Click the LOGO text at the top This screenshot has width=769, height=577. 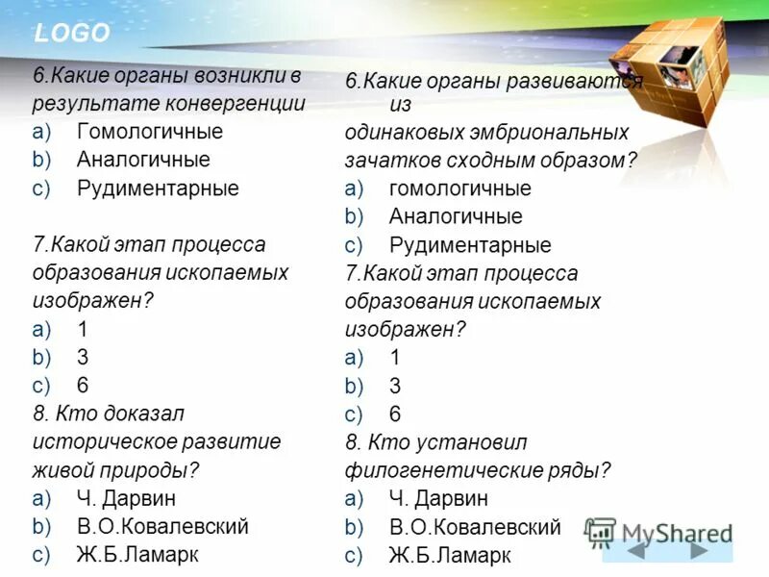(x=72, y=34)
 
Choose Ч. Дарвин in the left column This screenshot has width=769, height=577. (x=126, y=498)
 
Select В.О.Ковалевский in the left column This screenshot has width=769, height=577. (x=162, y=526)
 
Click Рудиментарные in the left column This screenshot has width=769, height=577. (x=158, y=188)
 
